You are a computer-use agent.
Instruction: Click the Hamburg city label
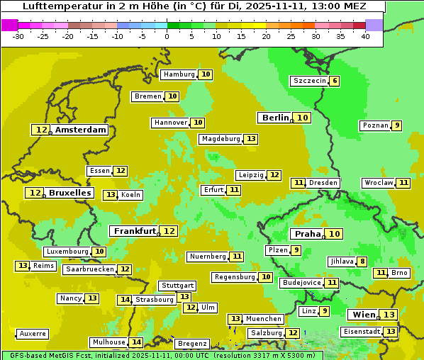tap(179, 74)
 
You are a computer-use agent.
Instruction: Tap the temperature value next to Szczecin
tap(334, 81)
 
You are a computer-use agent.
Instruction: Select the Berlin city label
tap(275, 118)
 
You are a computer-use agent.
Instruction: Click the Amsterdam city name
tap(81, 130)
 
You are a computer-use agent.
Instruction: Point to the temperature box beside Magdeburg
tap(251, 139)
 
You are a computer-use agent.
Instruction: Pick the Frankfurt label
tap(135, 231)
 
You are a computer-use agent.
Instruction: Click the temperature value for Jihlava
tap(362, 261)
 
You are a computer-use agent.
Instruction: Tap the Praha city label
tap(308, 234)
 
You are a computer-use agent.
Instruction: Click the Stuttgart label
tap(177, 286)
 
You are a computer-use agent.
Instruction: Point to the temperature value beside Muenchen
tap(235, 319)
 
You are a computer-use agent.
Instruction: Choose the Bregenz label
tap(192, 344)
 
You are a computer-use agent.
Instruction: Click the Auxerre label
tap(33, 333)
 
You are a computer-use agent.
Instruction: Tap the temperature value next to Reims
tap(23, 266)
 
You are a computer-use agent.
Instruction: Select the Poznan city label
tap(375, 125)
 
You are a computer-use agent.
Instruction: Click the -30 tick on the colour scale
tap(18, 36)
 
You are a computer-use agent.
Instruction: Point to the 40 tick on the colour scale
tap(365, 36)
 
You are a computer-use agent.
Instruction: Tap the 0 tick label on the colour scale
tap(167, 36)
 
